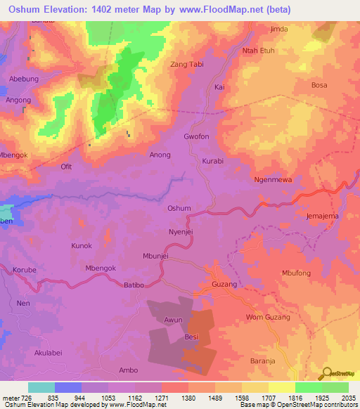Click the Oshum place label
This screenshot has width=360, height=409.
click(179, 209)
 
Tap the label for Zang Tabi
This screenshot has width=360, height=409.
click(188, 65)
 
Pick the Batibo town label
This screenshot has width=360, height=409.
click(134, 285)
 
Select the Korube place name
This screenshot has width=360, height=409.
click(25, 270)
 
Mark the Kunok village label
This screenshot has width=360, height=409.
click(82, 246)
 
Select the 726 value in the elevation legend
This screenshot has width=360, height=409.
click(27, 396)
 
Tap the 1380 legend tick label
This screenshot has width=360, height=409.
click(188, 396)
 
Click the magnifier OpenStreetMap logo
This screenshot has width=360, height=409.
click(326, 372)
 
